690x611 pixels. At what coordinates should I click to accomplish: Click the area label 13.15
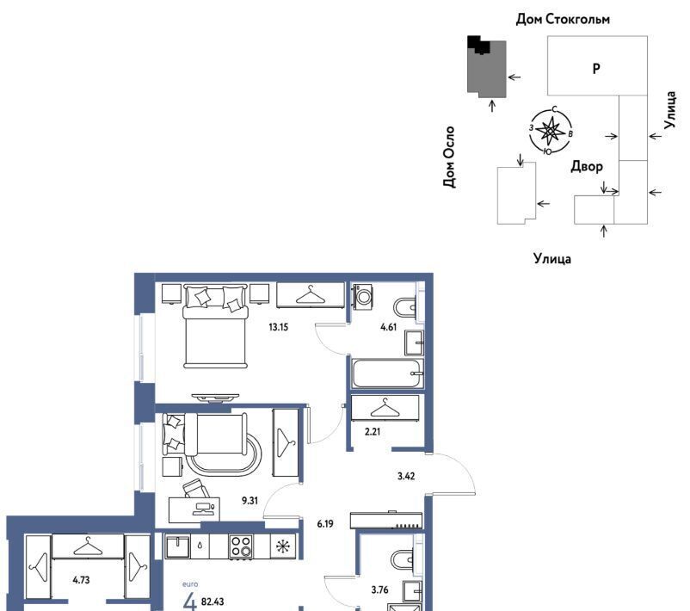[278, 327]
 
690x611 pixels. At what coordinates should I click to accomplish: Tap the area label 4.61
[388, 327]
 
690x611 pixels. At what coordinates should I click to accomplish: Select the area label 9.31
[250, 501]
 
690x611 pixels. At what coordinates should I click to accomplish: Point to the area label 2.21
[373, 432]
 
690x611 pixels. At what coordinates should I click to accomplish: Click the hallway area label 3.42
[406, 476]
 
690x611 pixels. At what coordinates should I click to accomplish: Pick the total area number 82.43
[213, 602]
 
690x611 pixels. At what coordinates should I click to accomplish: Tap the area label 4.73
[81, 580]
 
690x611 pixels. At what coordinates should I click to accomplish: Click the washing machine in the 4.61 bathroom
[363, 295]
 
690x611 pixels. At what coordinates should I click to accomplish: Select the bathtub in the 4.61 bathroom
[387, 373]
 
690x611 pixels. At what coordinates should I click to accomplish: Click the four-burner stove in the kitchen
[241, 546]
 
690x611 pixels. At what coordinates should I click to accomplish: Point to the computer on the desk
[203, 508]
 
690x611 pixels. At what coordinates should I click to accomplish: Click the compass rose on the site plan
[551, 131]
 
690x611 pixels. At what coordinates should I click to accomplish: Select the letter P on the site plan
[596, 69]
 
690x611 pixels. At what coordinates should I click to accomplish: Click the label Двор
[587, 166]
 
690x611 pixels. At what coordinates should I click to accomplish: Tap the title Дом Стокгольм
[563, 19]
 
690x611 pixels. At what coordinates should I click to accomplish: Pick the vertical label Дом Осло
[449, 157]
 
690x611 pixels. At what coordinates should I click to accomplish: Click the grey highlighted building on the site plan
[487, 69]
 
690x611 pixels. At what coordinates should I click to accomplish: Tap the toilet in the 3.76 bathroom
[402, 560]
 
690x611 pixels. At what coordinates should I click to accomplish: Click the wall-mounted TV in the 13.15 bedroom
[216, 398]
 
